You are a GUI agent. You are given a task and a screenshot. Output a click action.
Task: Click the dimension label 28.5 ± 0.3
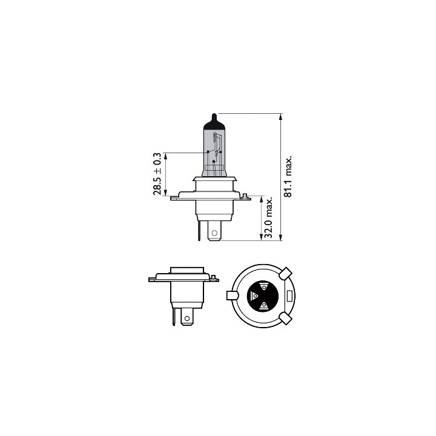click(x=157, y=174)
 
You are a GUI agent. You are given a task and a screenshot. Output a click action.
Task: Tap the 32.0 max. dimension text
click(x=268, y=218)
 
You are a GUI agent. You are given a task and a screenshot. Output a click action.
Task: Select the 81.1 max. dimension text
click(x=288, y=177)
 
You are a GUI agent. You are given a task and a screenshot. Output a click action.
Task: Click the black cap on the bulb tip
click(x=214, y=122)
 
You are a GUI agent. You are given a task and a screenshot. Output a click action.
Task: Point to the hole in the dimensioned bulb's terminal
click(x=214, y=233)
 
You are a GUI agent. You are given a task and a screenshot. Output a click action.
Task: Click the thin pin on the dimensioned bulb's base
click(x=199, y=230)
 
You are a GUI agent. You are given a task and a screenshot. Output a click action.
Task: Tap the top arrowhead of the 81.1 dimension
click(x=281, y=116)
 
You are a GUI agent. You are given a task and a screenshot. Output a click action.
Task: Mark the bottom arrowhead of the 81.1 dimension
click(x=281, y=237)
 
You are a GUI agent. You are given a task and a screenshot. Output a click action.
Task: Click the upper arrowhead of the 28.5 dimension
click(x=166, y=156)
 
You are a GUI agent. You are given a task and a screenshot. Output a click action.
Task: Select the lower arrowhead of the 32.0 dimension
click(x=261, y=237)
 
